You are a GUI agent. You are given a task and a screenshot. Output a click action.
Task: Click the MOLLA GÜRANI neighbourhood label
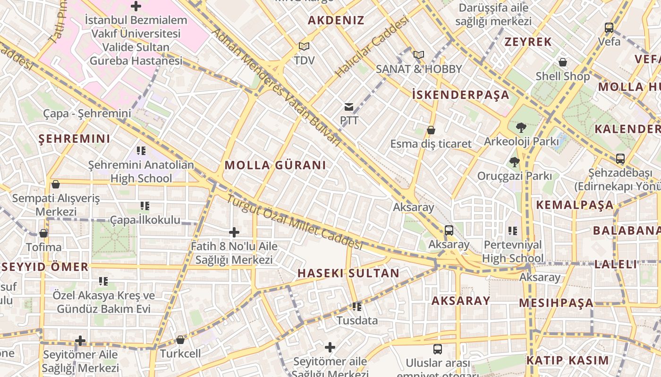(275, 165)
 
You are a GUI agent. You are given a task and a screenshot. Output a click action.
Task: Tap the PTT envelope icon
(349, 107)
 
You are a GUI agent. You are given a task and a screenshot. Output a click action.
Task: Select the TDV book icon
(304, 47)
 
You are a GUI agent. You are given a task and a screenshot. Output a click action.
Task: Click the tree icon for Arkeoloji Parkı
(521, 127)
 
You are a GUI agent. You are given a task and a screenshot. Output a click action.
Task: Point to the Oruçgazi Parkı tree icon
(514, 163)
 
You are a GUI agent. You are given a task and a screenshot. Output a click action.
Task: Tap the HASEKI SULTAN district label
(348, 273)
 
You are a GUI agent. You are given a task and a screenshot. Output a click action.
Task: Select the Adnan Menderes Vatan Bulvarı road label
(276, 87)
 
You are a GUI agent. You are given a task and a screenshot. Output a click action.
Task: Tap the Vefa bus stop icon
(609, 28)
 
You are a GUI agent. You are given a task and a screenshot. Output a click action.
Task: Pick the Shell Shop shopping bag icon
(563, 62)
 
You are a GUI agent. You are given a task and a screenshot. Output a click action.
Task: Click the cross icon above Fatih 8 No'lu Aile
(234, 232)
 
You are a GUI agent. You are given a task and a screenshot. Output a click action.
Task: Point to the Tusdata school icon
(357, 307)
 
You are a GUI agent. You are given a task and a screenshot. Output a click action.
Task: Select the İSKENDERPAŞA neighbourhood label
(460, 95)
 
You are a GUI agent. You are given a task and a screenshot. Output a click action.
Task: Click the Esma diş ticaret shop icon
(431, 130)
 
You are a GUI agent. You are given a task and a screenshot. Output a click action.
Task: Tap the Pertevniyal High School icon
(513, 231)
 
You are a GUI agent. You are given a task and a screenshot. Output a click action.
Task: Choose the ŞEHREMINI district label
(74, 139)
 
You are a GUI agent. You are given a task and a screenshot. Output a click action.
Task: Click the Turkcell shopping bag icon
(180, 340)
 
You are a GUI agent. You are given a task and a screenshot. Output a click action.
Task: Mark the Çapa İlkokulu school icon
(145, 206)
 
